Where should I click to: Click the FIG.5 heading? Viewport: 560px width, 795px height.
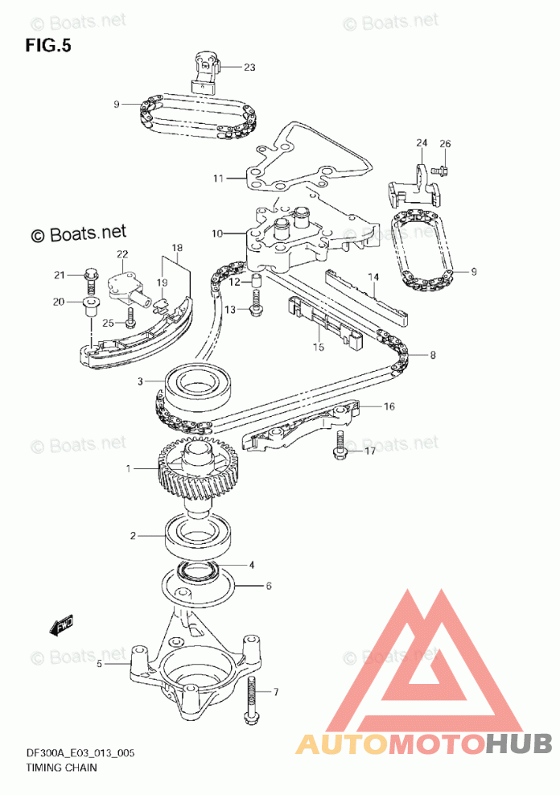coord(48,46)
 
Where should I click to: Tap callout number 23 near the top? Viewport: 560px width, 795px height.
coord(249,68)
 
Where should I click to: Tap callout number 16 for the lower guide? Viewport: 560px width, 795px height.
coord(389,407)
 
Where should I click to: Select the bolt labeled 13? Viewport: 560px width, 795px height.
coord(257,303)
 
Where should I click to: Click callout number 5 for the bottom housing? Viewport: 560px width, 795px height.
coord(99,665)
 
